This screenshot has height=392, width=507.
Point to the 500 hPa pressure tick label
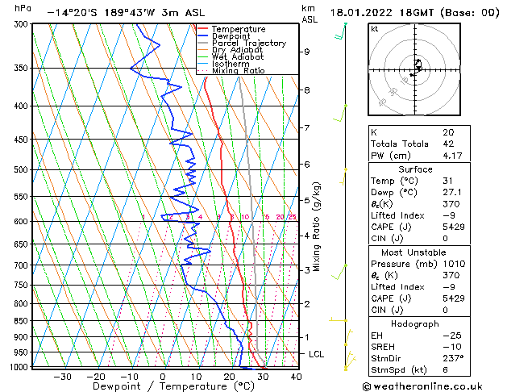tap(21, 170)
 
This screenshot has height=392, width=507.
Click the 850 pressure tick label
tap(21, 321)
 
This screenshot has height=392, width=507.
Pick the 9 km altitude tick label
tap(307, 52)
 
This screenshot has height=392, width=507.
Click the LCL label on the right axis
tap(318, 354)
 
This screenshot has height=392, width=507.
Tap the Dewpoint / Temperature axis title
tap(161, 386)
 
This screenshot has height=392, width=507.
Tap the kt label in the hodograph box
tap(374, 28)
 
